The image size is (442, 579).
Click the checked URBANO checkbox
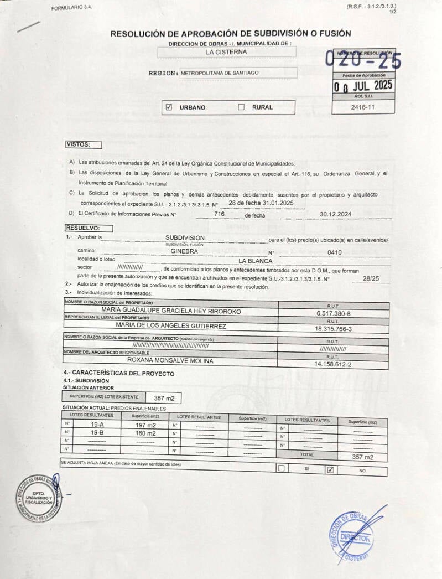click(x=169, y=107)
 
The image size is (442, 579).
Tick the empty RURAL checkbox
click(x=241, y=107)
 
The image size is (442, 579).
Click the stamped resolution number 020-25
click(x=363, y=58)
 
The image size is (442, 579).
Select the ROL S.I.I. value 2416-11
click(x=363, y=107)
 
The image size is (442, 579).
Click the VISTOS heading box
click(x=84, y=145)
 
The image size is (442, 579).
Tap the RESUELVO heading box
click(x=89, y=228)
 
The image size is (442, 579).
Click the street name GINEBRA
click(x=184, y=251)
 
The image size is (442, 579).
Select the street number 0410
click(x=335, y=252)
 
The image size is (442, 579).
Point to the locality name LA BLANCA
click(x=256, y=261)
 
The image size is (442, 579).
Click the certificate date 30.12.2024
click(x=336, y=214)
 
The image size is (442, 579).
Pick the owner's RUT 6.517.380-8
click(x=333, y=313)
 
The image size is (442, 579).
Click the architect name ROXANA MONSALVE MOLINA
click(x=170, y=360)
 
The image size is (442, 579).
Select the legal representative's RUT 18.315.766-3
click(x=333, y=329)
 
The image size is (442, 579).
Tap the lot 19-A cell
click(x=97, y=425)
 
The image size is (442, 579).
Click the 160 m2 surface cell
click(x=145, y=433)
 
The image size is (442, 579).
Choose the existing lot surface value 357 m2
click(x=164, y=398)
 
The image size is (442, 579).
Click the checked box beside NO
click(x=330, y=470)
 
